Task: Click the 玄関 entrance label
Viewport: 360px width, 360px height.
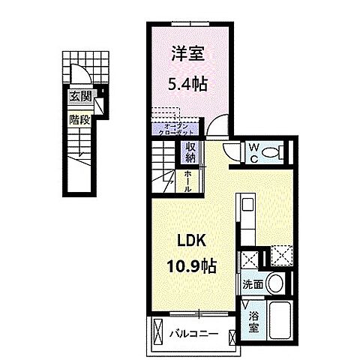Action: [80, 96]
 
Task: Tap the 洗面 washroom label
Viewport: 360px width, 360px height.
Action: [252, 285]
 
